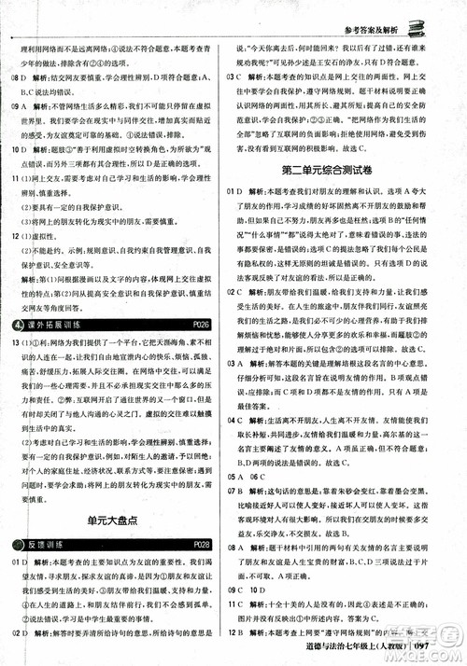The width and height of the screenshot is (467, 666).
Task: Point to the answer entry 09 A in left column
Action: (x=19, y=105)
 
